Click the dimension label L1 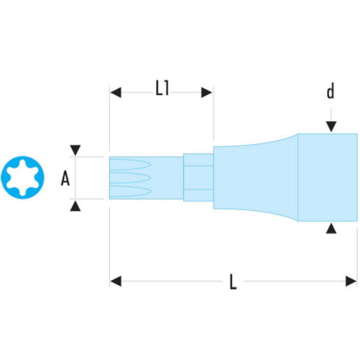pos(162,88)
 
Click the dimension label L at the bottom pos(233,282)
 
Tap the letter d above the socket pos(331,91)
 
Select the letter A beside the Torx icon pos(65,178)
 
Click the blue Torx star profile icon pos(22,178)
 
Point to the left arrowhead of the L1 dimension pos(115,92)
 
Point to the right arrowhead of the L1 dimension pos(207,92)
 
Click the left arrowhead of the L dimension pos(115,281)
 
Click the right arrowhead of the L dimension pos(351,281)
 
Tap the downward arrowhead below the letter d pos(331,127)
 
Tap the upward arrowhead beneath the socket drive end pos(331,228)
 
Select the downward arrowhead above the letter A pos(75,150)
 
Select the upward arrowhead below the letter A pos(75,206)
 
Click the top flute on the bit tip pos(130,164)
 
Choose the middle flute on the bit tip pos(130,178)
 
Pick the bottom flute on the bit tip pos(130,191)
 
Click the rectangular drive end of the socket pos(328,178)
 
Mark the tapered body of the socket pos(256,178)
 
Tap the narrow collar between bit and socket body pos(199,178)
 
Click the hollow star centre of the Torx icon pos(22,178)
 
